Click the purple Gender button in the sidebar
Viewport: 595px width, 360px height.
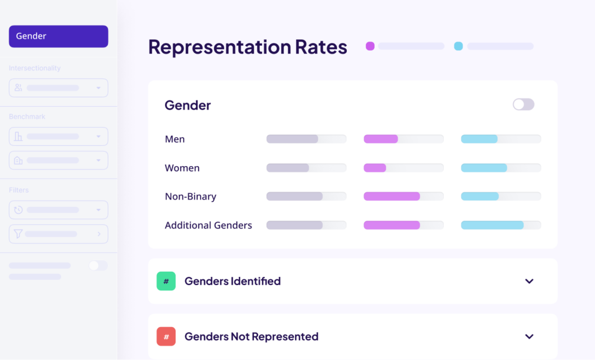(58, 36)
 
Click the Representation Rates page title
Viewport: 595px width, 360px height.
(248, 47)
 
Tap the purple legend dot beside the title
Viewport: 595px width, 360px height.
(370, 46)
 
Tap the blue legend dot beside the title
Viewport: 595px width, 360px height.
(458, 46)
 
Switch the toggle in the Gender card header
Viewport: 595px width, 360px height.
(523, 105)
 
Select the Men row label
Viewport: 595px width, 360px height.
(175, 139)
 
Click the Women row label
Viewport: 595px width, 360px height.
(182, 168)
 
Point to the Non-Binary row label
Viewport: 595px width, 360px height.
(191, 196)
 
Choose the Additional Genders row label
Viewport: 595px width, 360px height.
(208, 225)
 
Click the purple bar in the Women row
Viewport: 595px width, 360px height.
(375, 168)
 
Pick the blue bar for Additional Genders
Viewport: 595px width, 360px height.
(493, 225)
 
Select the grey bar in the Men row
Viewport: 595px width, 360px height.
(292, 139)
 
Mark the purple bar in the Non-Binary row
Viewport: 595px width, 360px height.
(392, 196)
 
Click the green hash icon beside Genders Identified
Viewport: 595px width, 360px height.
(166, 281)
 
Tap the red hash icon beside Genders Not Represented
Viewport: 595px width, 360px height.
(166, 337)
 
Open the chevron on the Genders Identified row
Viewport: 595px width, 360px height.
(529, 281)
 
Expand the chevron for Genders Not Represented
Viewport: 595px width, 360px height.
(529, 337)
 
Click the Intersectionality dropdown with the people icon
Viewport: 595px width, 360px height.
(58, 88)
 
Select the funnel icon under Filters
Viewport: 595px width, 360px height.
(19, 234)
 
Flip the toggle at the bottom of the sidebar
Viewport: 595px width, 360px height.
(98, 265)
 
